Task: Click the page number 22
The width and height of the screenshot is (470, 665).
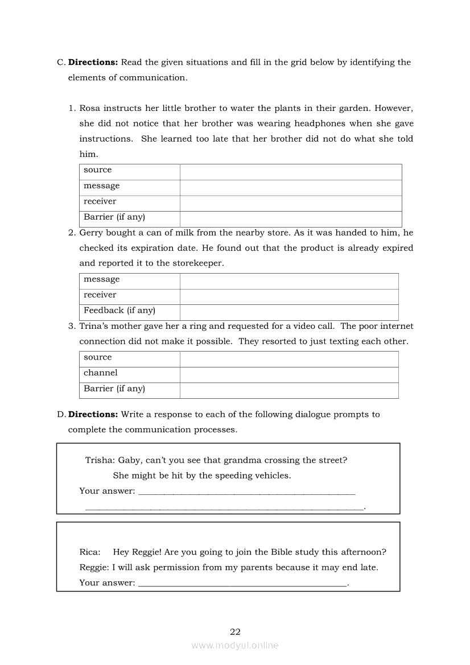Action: tap(235, 632)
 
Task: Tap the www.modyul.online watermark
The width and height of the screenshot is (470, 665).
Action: tap(235, 646)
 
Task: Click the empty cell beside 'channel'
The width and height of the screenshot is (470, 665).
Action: tap(289, 375)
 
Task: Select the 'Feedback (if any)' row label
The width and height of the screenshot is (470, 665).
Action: tap(119, 311)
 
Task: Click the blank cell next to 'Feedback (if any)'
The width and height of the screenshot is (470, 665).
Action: tap(289, 312)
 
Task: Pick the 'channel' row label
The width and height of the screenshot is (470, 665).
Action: tap(101, 373)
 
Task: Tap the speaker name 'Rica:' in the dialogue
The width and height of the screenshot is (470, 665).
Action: tap(90, 552)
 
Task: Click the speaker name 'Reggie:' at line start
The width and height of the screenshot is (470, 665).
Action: tap(94, 567)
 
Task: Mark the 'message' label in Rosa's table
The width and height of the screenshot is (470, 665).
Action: tap(102, 186)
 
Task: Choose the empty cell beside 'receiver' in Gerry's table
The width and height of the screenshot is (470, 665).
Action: tap(289, 297)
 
